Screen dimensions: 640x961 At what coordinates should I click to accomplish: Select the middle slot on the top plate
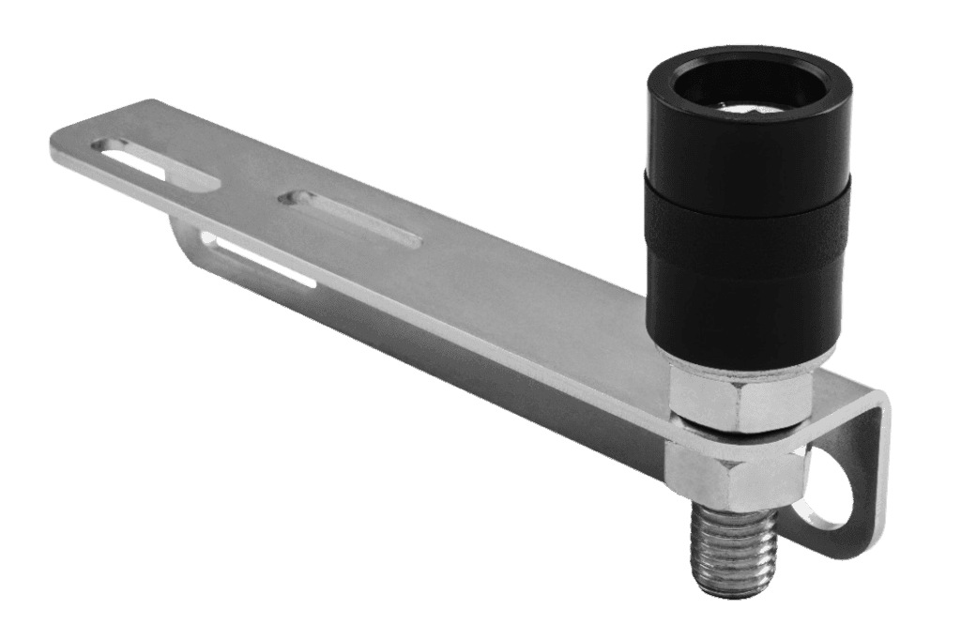click(353, 218)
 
